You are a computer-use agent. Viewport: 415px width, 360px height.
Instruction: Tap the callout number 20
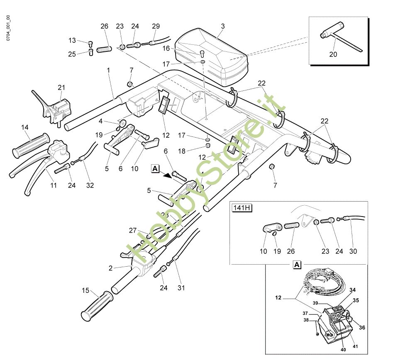point(333,54)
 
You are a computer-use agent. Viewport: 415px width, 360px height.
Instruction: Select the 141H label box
point(242,208)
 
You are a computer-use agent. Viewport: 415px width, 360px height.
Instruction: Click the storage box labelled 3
point(212,57)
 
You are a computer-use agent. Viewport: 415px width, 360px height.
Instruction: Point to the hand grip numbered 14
point(31,146)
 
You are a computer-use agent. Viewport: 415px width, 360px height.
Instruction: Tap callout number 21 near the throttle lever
point(61,87)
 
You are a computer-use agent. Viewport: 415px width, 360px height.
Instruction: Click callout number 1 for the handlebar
point(108,71)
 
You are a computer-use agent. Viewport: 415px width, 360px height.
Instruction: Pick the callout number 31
point(181,288)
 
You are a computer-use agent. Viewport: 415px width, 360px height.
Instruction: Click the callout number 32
point(90,185)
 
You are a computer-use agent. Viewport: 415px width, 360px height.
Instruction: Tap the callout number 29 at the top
point(156,26)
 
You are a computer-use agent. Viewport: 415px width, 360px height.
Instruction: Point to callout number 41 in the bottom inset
point(355,346)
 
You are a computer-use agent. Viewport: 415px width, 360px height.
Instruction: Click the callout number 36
point(362,328)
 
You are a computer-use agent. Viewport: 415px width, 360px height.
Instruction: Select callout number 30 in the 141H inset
point(353,251)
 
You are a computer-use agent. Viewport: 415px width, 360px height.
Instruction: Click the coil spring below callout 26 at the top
point(104,49)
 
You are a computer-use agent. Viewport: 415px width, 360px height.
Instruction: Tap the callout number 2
point(111,268)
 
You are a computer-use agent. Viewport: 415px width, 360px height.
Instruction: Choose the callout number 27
point(133,231)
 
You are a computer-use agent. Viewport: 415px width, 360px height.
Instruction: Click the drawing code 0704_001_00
point(8,28)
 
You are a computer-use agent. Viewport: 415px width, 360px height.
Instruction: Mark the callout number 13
point(72,41)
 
